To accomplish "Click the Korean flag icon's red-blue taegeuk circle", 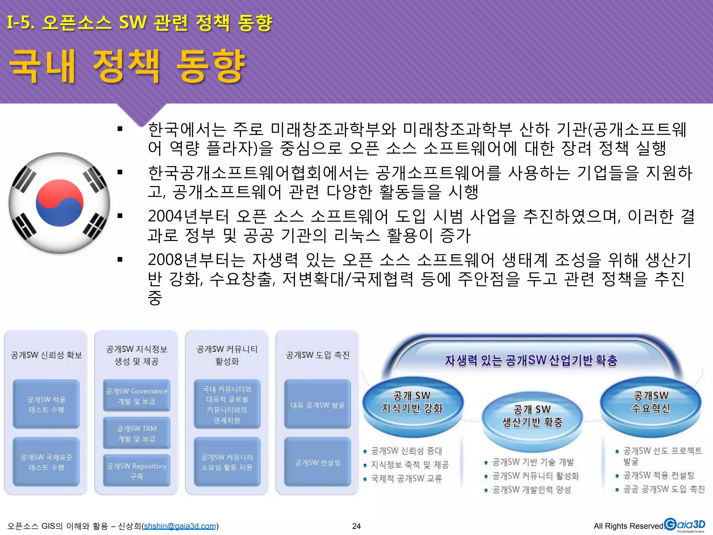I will point(60,203).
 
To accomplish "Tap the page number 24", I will point(356,526).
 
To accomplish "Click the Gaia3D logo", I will point(684,525).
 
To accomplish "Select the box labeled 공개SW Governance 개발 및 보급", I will point(136,396).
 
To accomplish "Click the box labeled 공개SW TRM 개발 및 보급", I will point(136,433).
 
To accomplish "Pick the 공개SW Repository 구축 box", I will point(136,471).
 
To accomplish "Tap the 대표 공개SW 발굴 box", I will point(318,405).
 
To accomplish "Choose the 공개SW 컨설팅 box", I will point(318,463).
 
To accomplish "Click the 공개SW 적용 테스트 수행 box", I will point(46,404).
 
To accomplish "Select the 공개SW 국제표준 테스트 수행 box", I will point(46,462).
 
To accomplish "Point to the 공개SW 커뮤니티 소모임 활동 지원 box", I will point(227,462).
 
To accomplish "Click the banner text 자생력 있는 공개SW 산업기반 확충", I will point(531,360).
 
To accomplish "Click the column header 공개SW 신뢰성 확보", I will point(46,355).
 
